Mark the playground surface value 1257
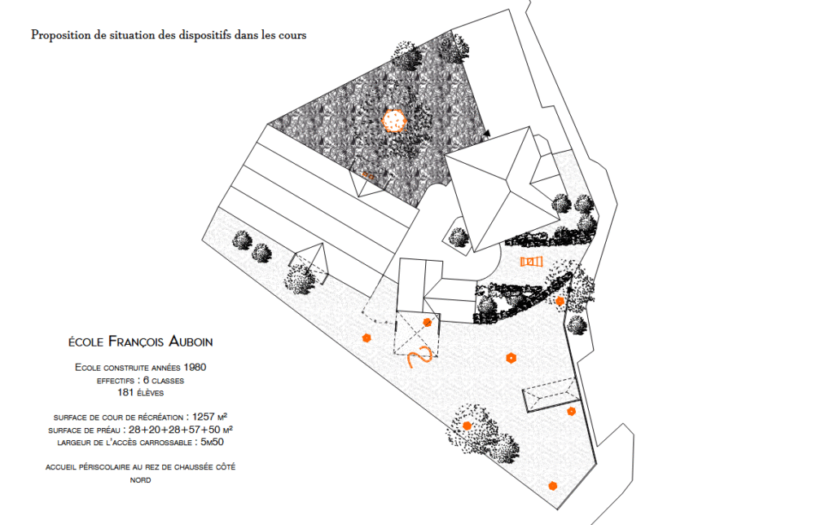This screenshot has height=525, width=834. coord(204,417)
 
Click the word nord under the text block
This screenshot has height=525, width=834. coord(141,480)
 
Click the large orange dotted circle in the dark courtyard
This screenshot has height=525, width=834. coord(394,121)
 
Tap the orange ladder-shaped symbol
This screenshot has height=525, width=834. coord(531,262)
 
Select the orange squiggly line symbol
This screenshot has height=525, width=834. coord(419,356)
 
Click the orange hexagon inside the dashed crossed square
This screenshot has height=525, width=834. coord(427,322)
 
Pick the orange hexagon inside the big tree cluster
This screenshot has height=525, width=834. coord(467,426)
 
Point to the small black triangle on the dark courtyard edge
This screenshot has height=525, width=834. coord(487,132)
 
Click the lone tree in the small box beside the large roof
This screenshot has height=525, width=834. coord(459,237)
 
